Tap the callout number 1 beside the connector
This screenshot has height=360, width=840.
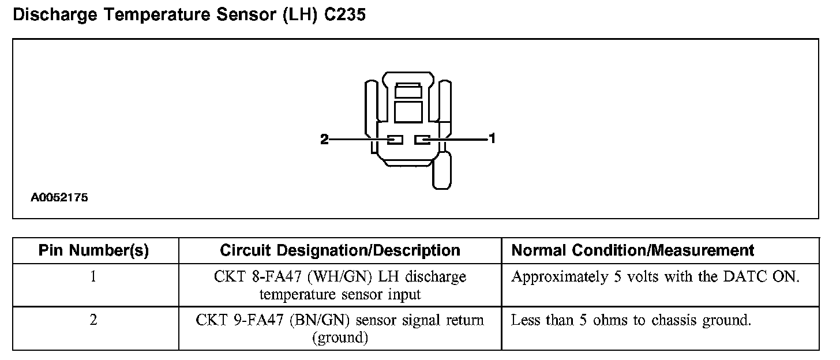pos(492,138)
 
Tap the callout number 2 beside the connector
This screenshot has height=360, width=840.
pos(324,139)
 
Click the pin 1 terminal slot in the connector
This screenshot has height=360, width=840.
pos(423,140)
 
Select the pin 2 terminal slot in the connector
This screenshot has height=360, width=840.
pos(395,140)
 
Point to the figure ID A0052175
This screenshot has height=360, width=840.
pos(59,197)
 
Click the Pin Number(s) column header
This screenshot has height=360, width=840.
pos(93,250)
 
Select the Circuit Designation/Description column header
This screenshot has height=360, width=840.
pos(340,250)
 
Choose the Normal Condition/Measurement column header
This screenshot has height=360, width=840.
pos(633,250)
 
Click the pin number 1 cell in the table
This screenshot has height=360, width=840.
pos(93,277)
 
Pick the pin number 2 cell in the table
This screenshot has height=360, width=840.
pos(93,320)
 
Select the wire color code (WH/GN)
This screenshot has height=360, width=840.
pos(333,277)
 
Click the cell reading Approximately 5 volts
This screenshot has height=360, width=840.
pos(655,277)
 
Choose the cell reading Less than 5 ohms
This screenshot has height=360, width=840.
pos(631,320)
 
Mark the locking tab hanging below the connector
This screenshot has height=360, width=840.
pos(442,170)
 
